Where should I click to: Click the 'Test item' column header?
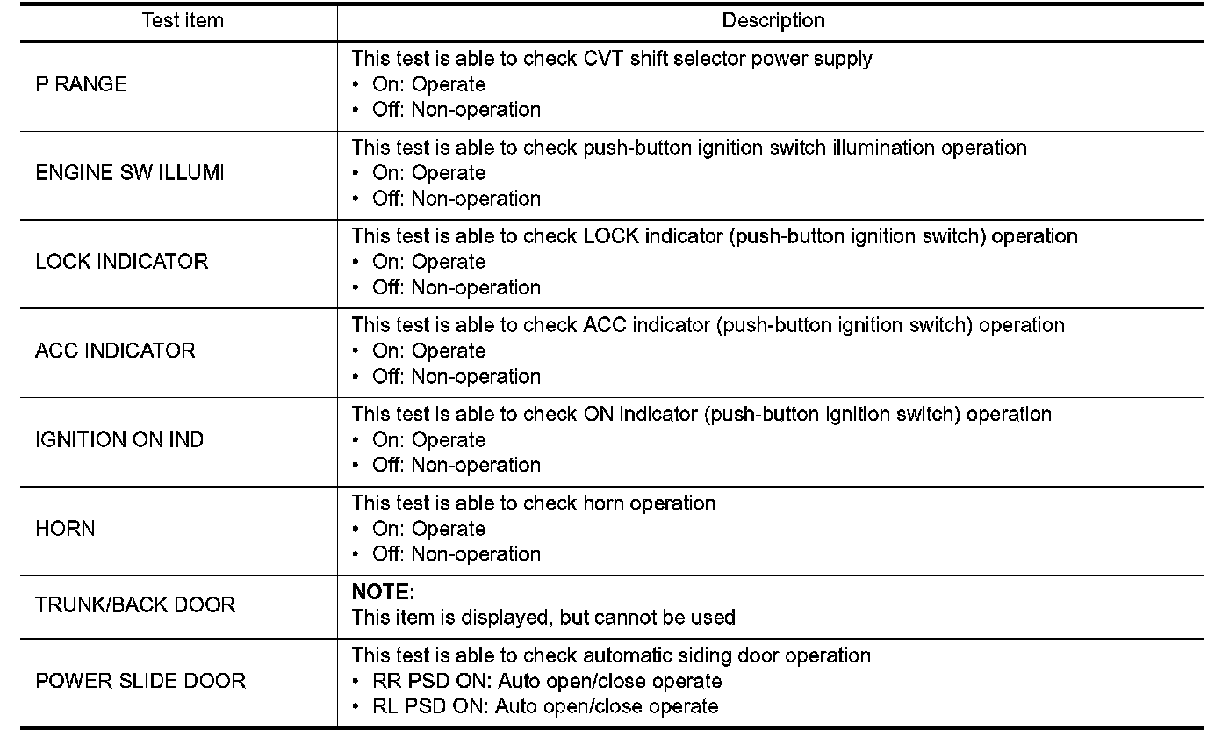183,20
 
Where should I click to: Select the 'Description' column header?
773,20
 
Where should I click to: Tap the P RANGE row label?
81,84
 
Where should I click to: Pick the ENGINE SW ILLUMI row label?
129,173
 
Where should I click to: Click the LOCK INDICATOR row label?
121,262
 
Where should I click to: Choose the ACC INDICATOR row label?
115,351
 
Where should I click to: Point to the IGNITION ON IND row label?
119,439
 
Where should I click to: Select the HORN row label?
65,529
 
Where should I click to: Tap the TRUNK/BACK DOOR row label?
135,605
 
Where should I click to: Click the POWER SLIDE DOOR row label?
140,681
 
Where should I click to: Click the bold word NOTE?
383,592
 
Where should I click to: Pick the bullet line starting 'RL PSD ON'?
544,706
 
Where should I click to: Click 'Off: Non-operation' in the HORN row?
456,554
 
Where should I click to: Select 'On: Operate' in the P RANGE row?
428,84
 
